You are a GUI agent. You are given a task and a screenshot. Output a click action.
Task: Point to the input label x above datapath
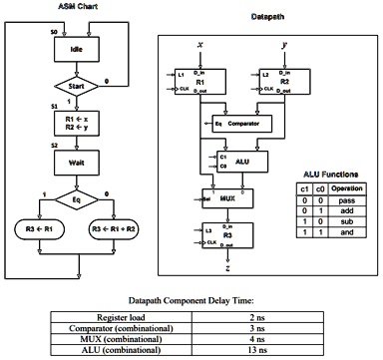click(201, 45)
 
